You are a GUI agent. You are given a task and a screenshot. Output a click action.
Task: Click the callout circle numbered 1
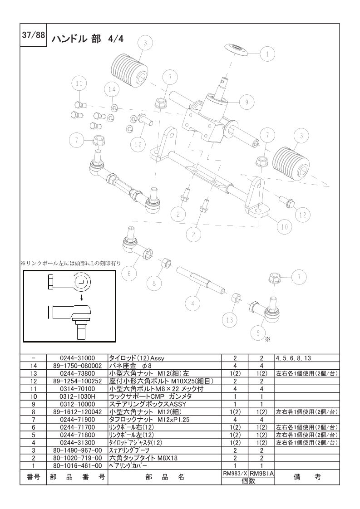pyautogui.click(x=267, y=54)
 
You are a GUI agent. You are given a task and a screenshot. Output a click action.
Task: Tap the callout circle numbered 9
pyautogui.click(x=247, y=102)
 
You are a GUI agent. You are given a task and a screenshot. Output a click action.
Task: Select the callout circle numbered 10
pyautogui.click(x=284, y=226)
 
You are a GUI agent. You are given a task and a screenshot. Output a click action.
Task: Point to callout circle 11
pyautogui.click(x=79, y=83)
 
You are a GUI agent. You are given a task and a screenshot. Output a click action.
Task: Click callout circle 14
pyautogui.click(x=112, y=89)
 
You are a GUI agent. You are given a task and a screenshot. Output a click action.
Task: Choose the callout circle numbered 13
pyautogui.click(x=230, y=320)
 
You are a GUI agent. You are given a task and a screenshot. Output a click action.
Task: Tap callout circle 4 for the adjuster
pyautogui.click(x=192, y=304)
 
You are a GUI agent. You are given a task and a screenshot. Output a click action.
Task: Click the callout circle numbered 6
pyautogui.click(x=129, y=274)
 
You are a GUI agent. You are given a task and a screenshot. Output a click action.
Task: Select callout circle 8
pyautogui.click(x=154, y=283)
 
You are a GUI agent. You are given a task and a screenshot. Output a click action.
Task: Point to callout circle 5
pyautogui.click(x=259, y=333)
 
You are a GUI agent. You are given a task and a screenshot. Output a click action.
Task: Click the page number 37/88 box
pyautogui.click(x=33, y=35)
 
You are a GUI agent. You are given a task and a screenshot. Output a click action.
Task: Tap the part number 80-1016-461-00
pyautogui.click(x=77, y=466)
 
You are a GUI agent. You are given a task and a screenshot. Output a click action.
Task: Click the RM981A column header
pyautogui.click(x=261, y=474)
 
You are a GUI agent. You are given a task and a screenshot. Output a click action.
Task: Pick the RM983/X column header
pyautogui.click(x=235, y=474)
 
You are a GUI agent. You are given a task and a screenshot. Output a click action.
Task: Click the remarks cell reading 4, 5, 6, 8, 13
pyautogui.click(x=293, y=358)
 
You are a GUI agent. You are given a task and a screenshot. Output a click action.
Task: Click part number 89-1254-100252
pyautogui.click(x=77, y=381)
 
